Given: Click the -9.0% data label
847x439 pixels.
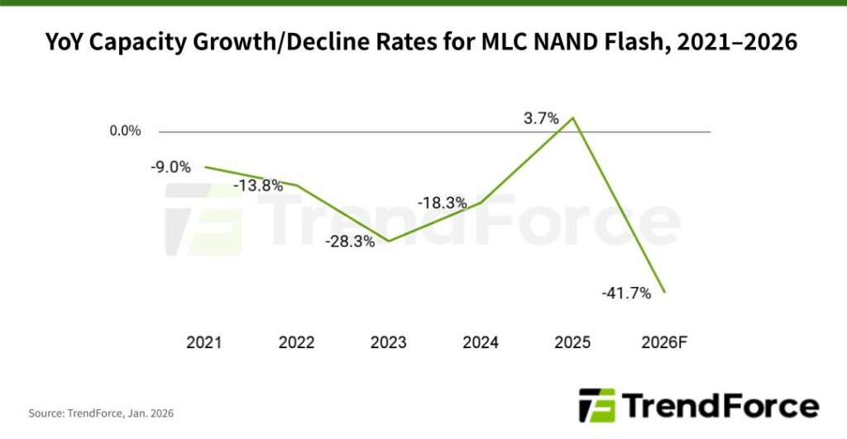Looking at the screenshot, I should click(x=170, y=167).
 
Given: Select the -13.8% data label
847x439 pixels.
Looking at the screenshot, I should click(x=257, y=186).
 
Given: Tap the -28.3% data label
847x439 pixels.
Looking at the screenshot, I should click(x=350, y=242).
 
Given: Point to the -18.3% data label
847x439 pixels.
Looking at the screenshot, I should click(x=442, y=203).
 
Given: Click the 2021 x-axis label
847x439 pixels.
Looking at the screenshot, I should click(x=204, y=342).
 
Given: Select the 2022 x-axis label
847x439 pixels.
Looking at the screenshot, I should click(x=296, y=342).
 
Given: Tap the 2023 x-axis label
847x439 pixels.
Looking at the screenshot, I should click(x=389, y=342).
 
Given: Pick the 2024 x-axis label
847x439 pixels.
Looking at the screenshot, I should click(x=481, y=342).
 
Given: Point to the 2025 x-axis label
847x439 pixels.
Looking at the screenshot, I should click(x=572, y=342).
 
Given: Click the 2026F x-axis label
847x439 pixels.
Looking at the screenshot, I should click(x=664, y=342).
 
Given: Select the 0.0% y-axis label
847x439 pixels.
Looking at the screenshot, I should click(x=125, y=131).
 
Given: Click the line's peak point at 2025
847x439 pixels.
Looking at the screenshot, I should click(x=573, y=117).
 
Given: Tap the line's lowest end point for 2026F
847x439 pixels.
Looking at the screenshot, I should click(x=665, y=292).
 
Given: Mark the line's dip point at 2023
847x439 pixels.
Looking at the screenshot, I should click(x=389, y=241).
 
